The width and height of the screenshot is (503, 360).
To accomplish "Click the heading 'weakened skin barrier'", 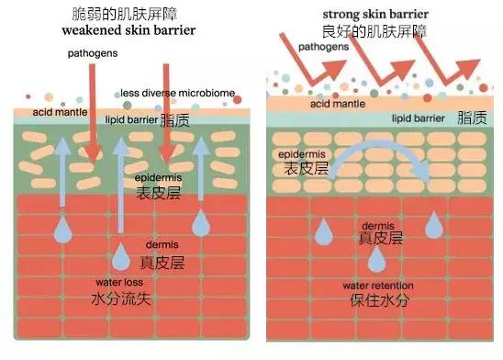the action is tap(136, 30).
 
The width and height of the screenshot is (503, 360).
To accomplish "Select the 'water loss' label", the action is tap(120, 281).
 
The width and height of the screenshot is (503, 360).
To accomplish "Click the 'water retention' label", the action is tap(377, 285).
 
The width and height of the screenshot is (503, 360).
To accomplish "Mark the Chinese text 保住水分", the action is tap(377, 301).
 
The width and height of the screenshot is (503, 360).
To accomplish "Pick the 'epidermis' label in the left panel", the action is tap(157, 176).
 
